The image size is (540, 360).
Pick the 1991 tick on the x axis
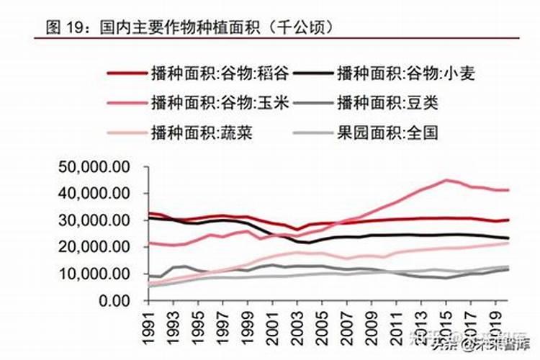[x=150, y=328]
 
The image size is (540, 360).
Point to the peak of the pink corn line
[x=447, y=180]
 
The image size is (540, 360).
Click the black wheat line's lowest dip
[x=310, y=243]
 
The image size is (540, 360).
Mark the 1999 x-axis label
[x=248, y=328]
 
